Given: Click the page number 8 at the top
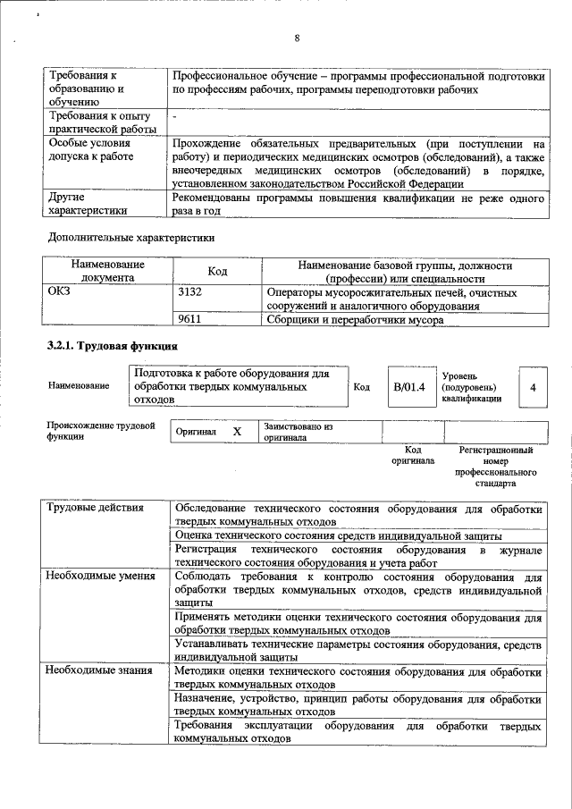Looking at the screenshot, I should pos(297,38).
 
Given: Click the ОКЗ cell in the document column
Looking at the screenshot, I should pos(59,292).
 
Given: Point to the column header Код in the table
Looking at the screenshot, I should pos(217,271).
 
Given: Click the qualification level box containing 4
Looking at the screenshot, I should pos(533,387).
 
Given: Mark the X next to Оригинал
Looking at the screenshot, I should pos(237,432).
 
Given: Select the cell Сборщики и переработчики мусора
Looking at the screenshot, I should pos(356,318).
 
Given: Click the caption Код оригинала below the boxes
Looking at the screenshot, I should pos(412,455).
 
